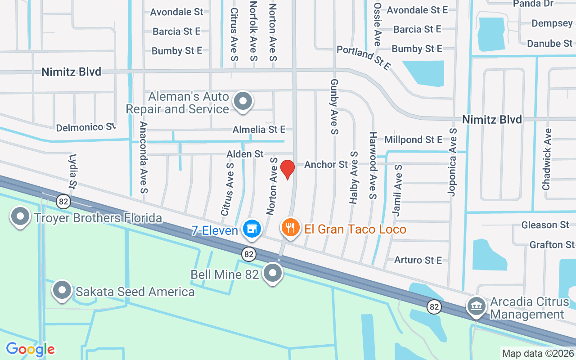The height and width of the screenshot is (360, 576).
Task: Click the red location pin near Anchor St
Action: [x=287, y=169]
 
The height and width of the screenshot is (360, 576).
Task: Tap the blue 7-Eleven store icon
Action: [x=252, y=229]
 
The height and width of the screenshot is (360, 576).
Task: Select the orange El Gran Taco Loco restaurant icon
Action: [x=290, y=228]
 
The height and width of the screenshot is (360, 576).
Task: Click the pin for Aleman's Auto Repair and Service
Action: [x=243, y=101]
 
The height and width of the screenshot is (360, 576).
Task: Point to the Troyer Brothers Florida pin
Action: [x=20, y=217]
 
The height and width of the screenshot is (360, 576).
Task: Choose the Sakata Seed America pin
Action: [x=62, y=290]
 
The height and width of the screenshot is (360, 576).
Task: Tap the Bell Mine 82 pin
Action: [x=272, y=273]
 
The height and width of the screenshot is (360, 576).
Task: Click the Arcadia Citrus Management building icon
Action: [x=476, y=306]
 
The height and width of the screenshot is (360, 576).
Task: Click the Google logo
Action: [x=30, y=349]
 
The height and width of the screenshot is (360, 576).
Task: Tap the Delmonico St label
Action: [x=85, y=127]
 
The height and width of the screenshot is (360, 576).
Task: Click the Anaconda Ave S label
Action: [x=144, y=157]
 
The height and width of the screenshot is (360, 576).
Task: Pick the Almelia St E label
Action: [x=259, y=130]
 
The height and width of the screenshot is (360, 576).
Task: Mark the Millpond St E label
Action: [x=413, y=139]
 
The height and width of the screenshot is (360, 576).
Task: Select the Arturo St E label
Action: [x=418, y=260]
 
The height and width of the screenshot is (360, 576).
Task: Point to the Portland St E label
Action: [x=363, y=58]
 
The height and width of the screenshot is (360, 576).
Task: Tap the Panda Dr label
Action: [x=533, y=4]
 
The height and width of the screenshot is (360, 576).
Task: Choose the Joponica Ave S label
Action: [x=452, y=162]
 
